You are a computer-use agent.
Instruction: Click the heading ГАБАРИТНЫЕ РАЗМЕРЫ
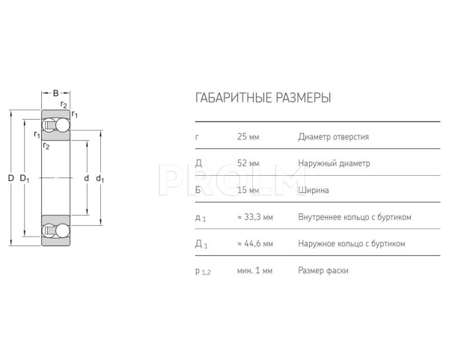pyautogui.click(x=262, y=98)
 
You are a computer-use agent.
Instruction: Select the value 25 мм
pyautogui.click(x=248, y=137)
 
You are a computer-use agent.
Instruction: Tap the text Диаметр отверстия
pyautogui.click(x=333, y=137)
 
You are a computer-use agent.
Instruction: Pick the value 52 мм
pyautogui.click(x=248, y=163)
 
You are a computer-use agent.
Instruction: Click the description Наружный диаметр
pyautogui.click(x=333, y=163)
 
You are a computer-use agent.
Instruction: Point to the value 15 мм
pyautogui.click(x=248, y=190)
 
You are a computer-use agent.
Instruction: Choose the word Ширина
pyautogui.click(x=314, y=190)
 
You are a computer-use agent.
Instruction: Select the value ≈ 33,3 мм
pyautogui.click(x=254, y=217)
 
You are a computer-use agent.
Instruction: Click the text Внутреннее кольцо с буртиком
pyautogui.click(x=355, y=217)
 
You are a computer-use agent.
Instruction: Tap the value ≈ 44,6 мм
pyautogui.click(x=254, y=244)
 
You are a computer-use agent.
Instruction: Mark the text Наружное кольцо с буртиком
pyautogui.click(x=351, y=244)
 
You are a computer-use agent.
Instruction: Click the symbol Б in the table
pyautogui.click(x=198, y=190)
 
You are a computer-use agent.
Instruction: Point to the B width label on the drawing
pyautogui.click(x=55, y=93)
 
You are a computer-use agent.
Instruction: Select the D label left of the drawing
pyautogui.click(x=10, y=178)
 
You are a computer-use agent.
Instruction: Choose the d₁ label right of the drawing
pyautogui.click(x=100, y=178)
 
